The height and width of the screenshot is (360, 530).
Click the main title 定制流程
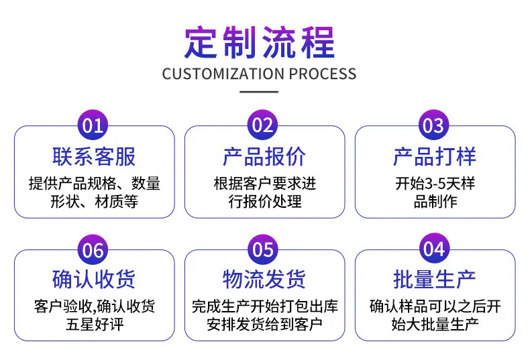(x=259, y=43)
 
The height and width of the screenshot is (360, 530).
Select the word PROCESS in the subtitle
(x=323, y=74)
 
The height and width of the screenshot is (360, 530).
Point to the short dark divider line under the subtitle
(x=259, y=92)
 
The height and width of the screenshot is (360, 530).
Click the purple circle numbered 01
(x=93, y=125)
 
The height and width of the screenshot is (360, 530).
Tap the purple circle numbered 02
(x=263, y=125)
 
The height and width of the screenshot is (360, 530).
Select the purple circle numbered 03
(x=433, y=125)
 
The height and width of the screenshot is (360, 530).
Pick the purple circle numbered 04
(x=434, y=249)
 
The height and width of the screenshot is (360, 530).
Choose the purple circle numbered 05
(x=263, y=249)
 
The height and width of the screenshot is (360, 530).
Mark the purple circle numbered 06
(x=93, y=249)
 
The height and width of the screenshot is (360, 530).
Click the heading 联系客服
(x=94, y=157)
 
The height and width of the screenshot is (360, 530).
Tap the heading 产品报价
(x=264, y=157)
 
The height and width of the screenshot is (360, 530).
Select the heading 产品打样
(x=435, y=157)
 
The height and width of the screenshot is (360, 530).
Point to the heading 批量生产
(x=435, y=280)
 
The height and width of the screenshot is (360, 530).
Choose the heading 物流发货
(x=264, y=280)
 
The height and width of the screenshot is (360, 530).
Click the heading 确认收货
(x=94, y=280)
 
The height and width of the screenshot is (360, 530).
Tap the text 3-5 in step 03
(x=435, y=184)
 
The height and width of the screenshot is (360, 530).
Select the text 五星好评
(x=95, y=324)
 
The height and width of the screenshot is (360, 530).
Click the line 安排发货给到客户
(x=264, y=324)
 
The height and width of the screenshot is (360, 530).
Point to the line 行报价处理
(x=265, y=202)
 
